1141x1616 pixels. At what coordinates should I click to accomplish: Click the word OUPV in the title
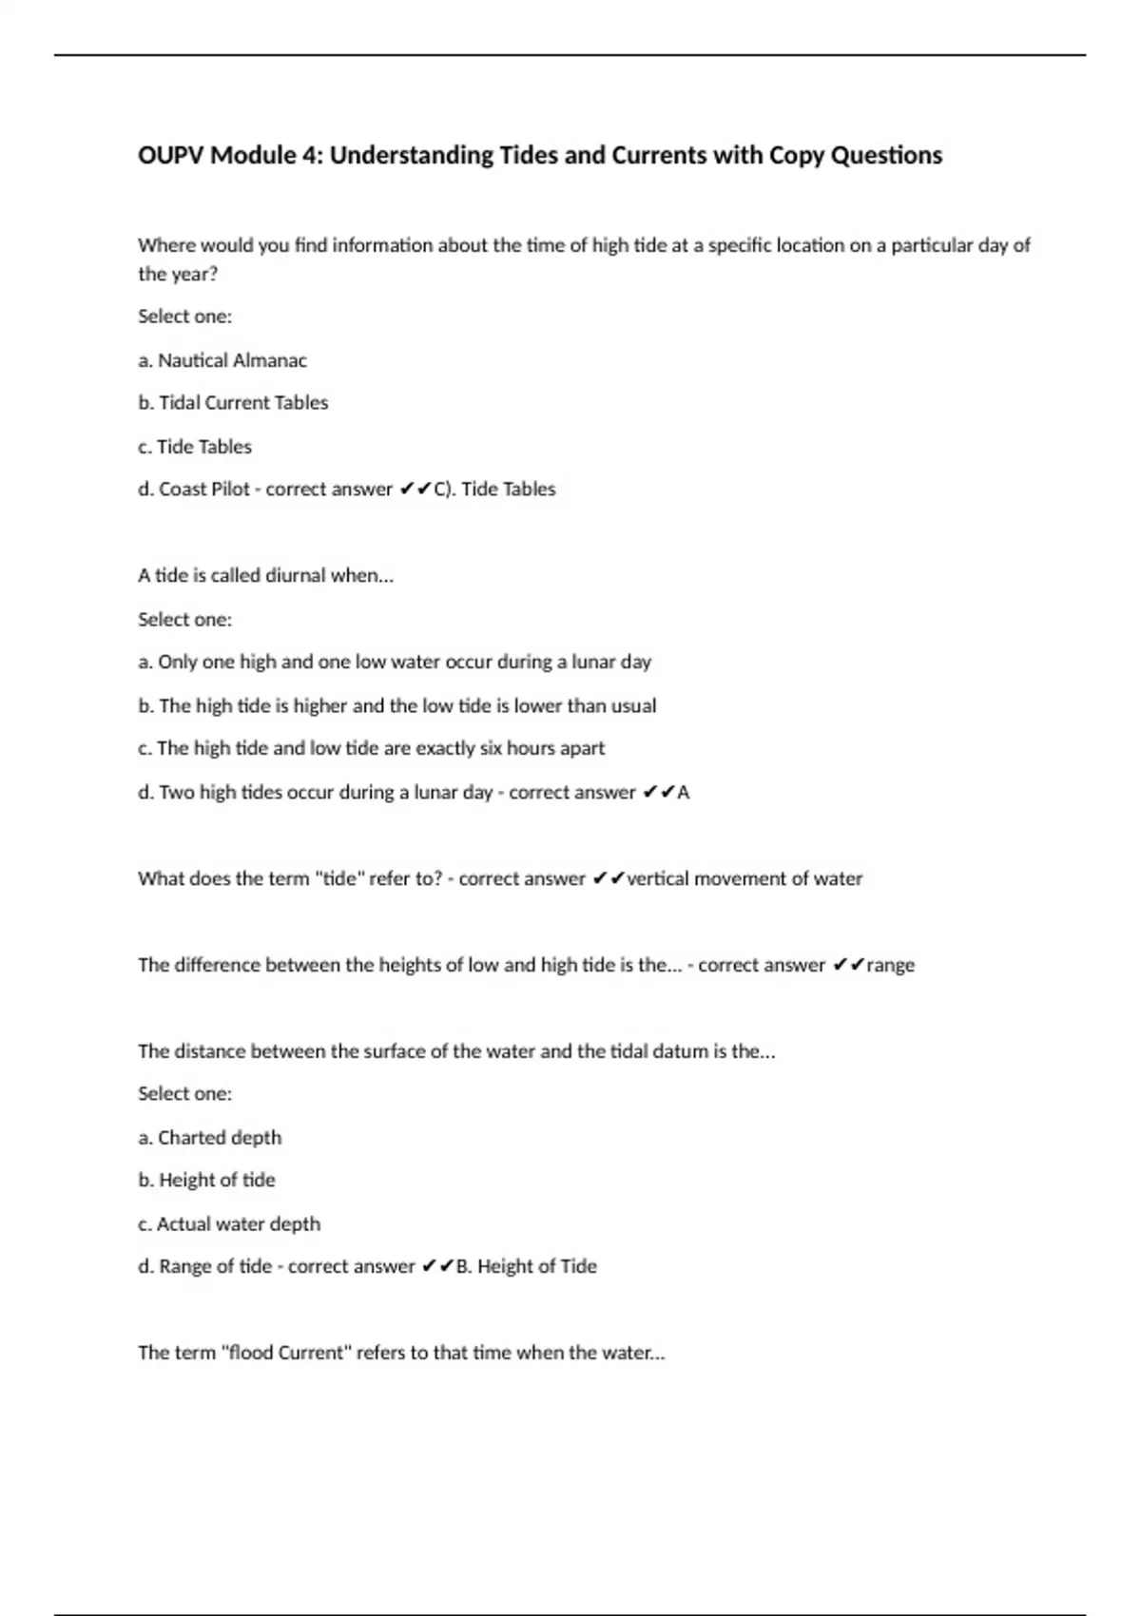point(171,155)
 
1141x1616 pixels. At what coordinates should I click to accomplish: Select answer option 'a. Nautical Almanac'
point(222,360)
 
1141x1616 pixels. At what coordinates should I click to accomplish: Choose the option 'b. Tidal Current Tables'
point(233,403)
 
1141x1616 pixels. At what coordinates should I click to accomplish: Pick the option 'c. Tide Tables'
point(195,447)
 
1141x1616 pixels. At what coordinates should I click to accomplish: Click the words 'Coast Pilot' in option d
point(204,490)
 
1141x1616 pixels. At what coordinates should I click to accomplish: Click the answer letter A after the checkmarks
point(684,793)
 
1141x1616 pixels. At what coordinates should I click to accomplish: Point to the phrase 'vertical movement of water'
point(745,879)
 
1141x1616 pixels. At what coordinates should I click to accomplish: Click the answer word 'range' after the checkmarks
point(891,966)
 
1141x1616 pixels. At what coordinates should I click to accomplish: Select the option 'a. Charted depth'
point(210,1138)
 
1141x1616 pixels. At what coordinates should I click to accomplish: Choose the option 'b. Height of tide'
point(206,1181)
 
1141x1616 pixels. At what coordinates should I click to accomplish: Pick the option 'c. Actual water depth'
point(229,1224)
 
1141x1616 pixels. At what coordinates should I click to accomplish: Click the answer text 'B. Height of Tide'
point(527,1267)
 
